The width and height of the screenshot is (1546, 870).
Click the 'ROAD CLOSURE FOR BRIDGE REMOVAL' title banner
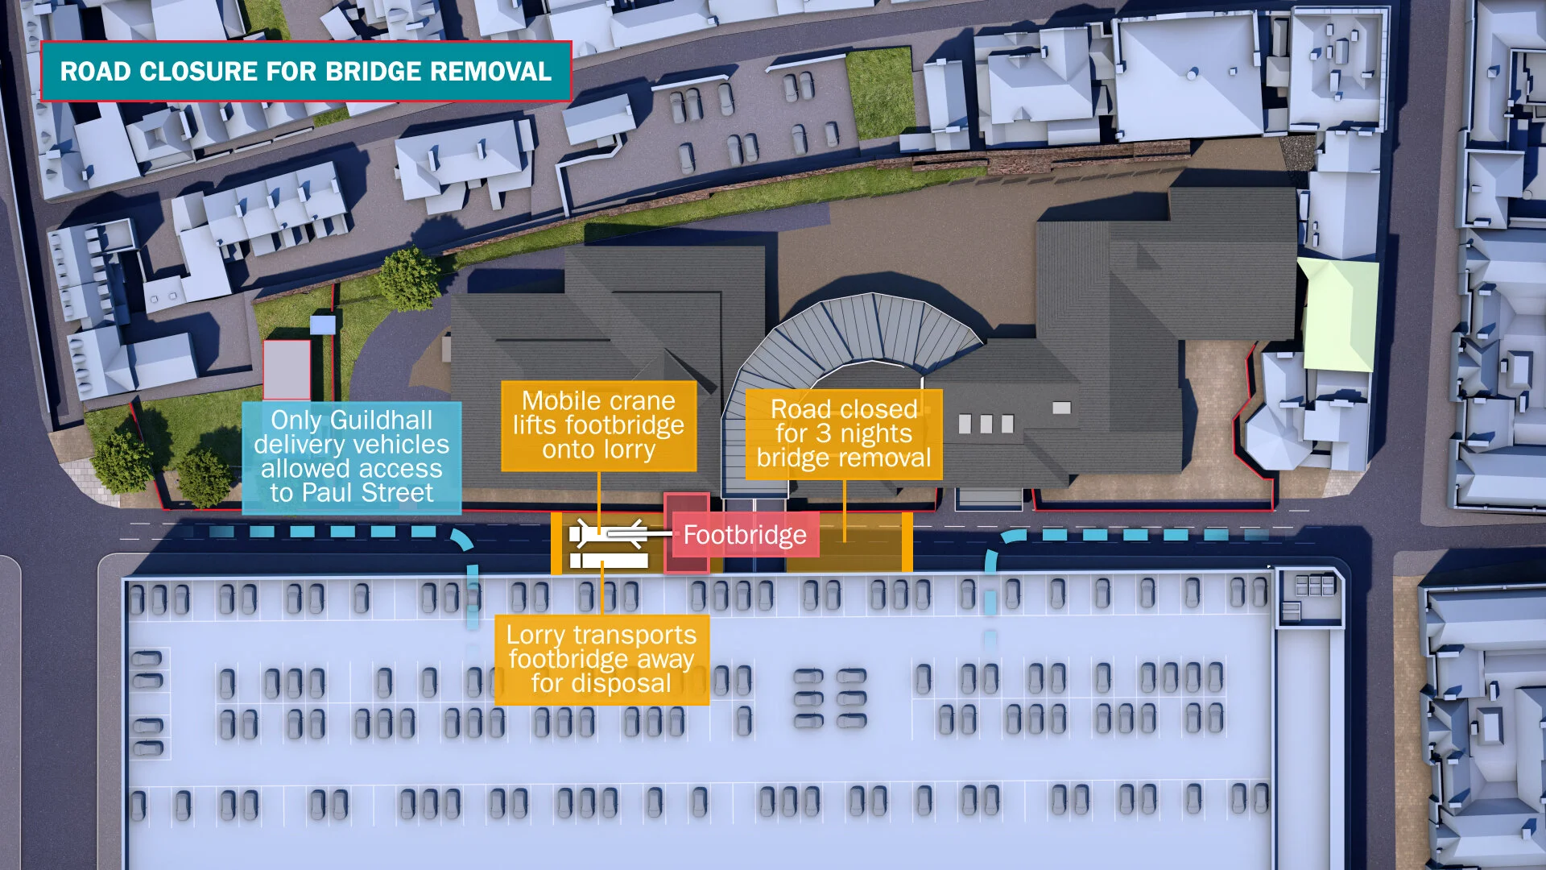click(x=306, y=71)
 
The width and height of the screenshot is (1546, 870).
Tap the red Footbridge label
click(x=745, y=535)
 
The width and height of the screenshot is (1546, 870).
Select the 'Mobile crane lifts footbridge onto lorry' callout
click(x=598, y=425)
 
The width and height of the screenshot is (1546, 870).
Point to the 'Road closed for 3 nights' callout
click(x=843, y=433)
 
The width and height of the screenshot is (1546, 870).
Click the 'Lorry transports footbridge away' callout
click(x=601, y=660)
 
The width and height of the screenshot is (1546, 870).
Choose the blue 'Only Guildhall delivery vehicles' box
click(x=351, y=457)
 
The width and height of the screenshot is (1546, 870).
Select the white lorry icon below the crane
click(x=609, y=560)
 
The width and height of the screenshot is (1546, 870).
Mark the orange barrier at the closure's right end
click(x=907, y=541)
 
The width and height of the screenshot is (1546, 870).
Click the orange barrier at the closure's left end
click(x=556, y=543)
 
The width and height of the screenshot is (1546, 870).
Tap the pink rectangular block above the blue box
click(x=287, y=369)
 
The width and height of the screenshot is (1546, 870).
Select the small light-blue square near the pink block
click(x=322, y=325)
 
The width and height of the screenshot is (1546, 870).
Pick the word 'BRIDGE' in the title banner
click(x=373, y=71)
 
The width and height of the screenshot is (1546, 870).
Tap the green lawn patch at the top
click(x=879, y=90)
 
